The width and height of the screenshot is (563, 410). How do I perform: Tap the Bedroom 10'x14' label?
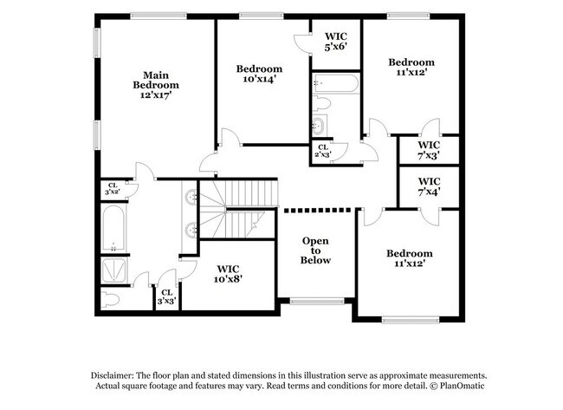pos(259,75)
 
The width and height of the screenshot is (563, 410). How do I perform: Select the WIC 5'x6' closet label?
pos(335,41)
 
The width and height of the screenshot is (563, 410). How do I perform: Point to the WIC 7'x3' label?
pos(429,150)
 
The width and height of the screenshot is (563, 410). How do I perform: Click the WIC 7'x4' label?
pos(429,186)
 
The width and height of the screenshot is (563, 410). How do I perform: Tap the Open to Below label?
pos(315,250)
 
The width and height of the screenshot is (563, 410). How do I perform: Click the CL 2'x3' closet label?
pos(323,152)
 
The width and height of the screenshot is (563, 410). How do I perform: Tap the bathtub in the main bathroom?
pos(114,228)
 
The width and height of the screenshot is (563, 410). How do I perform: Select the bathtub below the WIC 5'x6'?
pos(333,84)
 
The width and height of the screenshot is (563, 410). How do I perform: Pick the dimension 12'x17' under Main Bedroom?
pos(156,95)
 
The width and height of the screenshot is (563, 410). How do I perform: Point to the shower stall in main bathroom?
pos(114,270)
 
